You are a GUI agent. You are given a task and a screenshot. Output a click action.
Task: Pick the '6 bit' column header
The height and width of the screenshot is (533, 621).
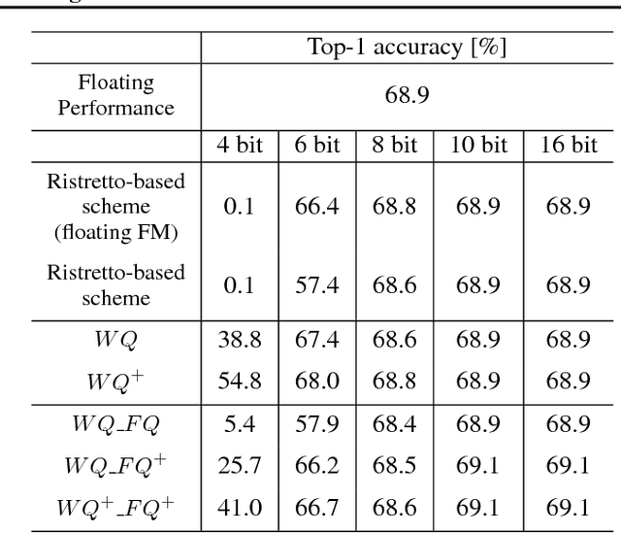(x=310, y=146)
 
